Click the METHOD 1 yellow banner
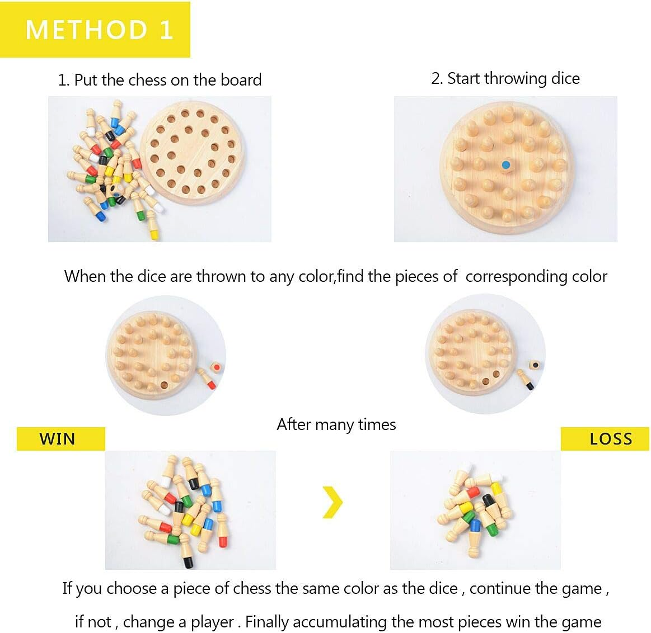tap(95, 30)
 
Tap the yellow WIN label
tap(60, 438)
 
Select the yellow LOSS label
tap(605, 438)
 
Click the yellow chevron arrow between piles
tap(332, 502)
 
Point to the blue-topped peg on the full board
tap(505, 165)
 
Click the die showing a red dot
tap(216, 367)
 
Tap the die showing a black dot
tap(535, 366)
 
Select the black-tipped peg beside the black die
tap(525, 379)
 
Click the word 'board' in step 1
tap(241, 80)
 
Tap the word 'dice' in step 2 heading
tap(565, 78)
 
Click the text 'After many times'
tap(336, 425)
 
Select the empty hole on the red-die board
tap(165, 385)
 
